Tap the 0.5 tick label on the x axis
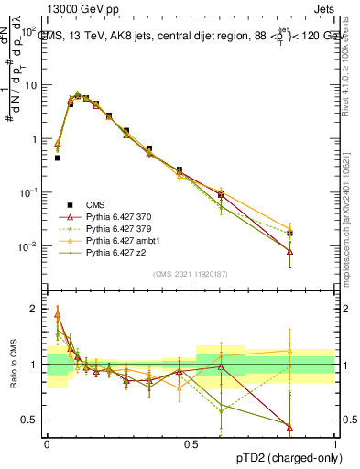click(191, 443)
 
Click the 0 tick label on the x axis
click(47, 443)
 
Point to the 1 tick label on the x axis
click(335, 443)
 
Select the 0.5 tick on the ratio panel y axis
click(31, 420)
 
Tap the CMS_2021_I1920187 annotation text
click(190, 274)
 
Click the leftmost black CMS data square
click(58, 158)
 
